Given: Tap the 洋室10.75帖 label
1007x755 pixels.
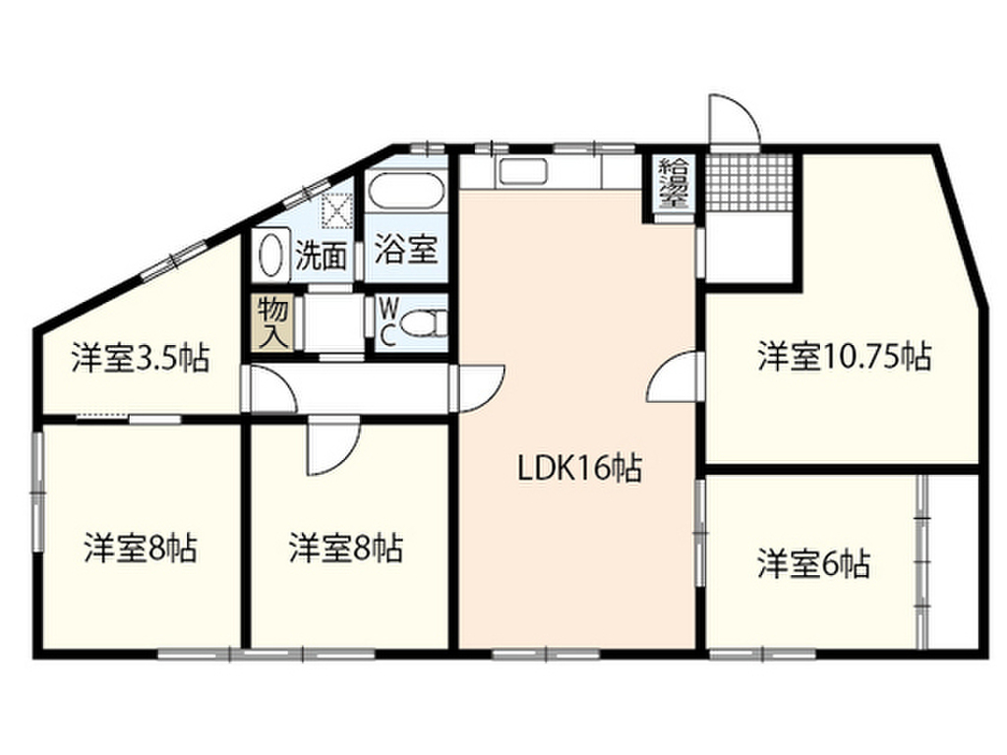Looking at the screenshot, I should point(844,356).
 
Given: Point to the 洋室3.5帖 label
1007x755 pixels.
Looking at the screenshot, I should point(140,359).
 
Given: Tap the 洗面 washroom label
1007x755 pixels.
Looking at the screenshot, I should point(322,257).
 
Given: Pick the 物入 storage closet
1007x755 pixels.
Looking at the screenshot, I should point(273,322).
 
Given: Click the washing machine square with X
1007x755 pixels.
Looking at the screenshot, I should point(337,209).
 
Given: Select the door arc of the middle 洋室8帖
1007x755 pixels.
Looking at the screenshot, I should point(330,444).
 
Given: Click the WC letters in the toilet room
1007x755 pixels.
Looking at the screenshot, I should point(388,322).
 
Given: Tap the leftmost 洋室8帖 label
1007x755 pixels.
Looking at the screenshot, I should point(140,548).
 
